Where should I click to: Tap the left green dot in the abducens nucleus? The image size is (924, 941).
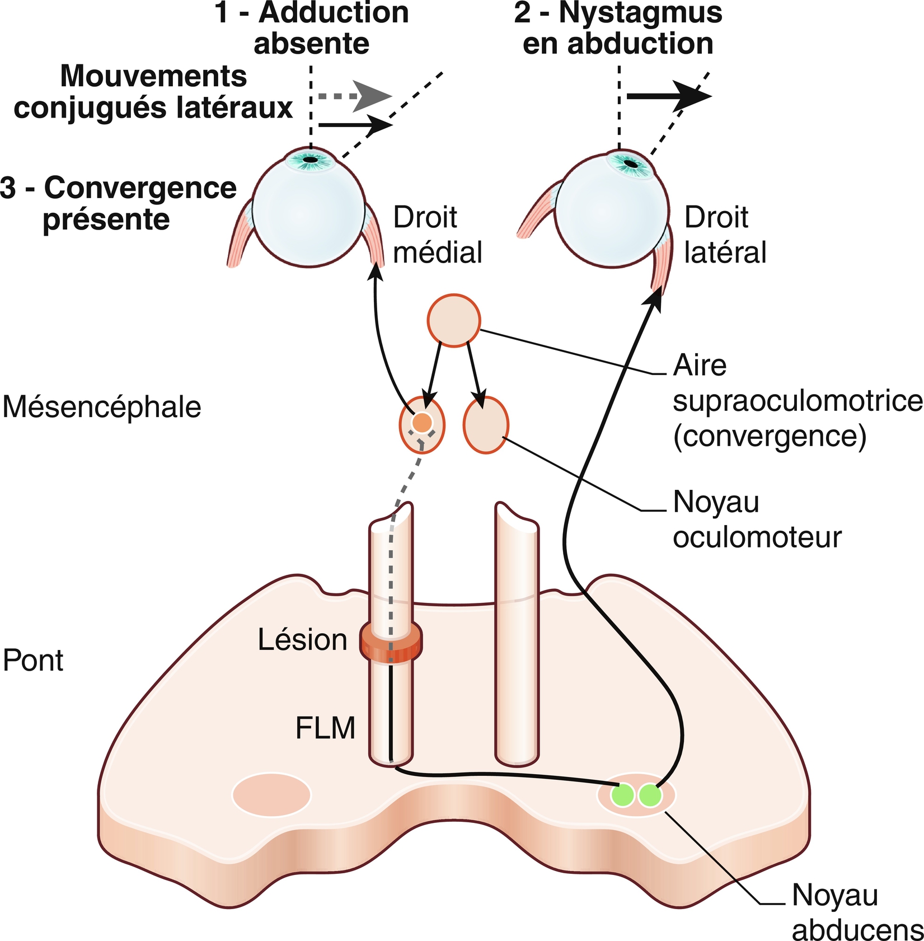pos(622,795)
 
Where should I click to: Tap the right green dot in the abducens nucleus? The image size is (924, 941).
pos(650,795)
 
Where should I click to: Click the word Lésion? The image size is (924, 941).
pos(302,639)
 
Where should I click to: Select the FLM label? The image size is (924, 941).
pos(325,728)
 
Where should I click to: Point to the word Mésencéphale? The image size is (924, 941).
pos(102,407)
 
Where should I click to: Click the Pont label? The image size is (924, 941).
pos(33,660)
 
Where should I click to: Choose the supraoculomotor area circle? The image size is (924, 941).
pos(454,320)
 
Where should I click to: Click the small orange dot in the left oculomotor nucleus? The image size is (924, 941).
pos(422,422)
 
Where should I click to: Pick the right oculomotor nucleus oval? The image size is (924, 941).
pos(486,425)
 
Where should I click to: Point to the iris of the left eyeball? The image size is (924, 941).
pos(311,161)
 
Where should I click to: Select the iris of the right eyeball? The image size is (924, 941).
pos(631,163)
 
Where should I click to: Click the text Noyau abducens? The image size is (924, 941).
pos(856,912)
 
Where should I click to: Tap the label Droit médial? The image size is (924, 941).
pos(437,235)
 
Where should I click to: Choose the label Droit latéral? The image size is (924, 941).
pos(725,235)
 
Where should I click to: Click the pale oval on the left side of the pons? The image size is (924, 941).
pos(271,795)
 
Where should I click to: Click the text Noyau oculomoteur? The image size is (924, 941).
pos(757,519)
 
